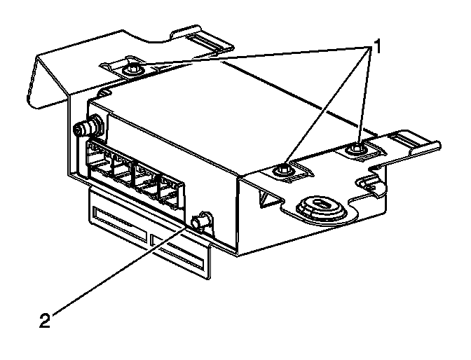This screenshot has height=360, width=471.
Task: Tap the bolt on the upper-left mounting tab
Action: point(132,70)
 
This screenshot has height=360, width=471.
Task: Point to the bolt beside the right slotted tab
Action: point(359,149)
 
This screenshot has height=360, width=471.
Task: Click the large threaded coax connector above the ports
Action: point(87,128)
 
